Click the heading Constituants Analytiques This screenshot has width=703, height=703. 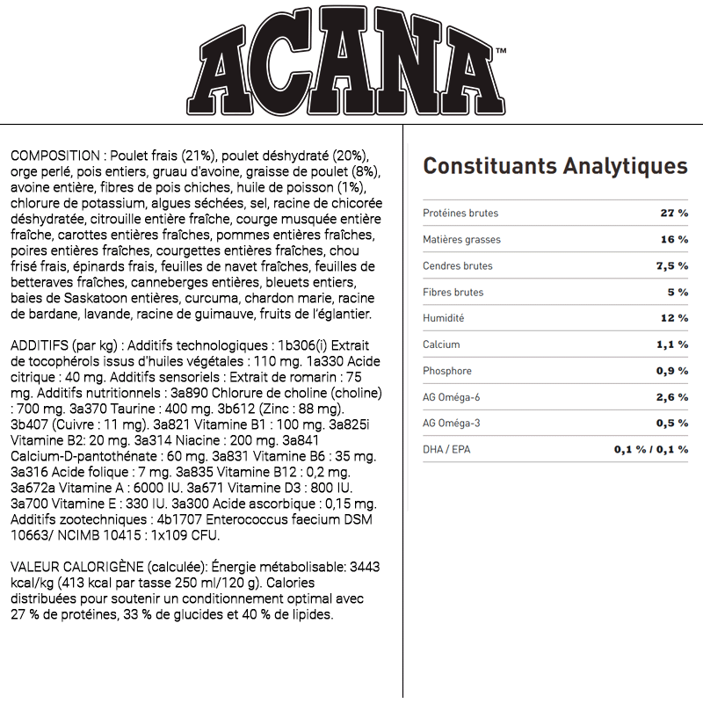[x=555, y=166]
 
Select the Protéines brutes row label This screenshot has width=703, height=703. [x=460, y=214]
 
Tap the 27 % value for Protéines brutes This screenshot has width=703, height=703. [x=674, y=214]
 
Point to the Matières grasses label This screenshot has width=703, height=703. [x=461, y=240]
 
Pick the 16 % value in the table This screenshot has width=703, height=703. [x=674, y=240]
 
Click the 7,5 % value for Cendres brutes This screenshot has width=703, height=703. [x=671, y=266]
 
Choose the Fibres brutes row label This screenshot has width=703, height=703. [x=453, y=293]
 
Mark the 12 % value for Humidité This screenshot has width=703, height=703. [x=674, y=318]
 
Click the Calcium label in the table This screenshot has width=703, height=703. [x=441, y=344]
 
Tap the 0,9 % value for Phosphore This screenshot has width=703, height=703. [x=671, y=371]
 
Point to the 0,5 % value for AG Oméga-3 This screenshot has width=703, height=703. [x=671, y=424]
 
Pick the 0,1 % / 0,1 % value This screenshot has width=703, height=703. [x=650, y=450]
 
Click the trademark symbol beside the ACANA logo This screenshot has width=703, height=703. [x=501, y=52]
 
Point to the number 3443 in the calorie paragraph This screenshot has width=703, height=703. [x=364, y=567]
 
